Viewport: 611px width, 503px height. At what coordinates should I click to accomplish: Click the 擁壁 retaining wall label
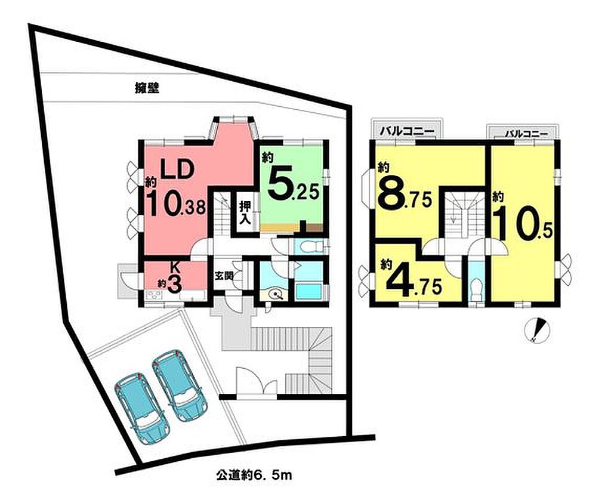pyautogui.click(x=147, y=89)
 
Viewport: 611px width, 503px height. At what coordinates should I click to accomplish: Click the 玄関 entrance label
pyautogui.click(x=224, y=276)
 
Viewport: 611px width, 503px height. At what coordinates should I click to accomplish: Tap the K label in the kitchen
pyautogui.click(x=176, y=268)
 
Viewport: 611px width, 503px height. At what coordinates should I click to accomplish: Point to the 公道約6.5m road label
pyautogui.click(x=254, y=476)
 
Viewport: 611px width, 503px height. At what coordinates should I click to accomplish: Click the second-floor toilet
pyautogui.click(x=476, y=290)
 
